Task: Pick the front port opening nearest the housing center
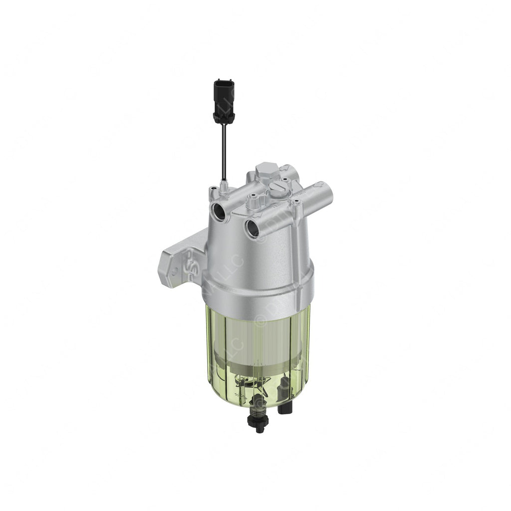pyautogui.click(x=252, y=228)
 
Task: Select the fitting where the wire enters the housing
pyautogui.click(x=224, y=186)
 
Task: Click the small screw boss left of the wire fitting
pyautogui.click(x=213, y=189)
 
